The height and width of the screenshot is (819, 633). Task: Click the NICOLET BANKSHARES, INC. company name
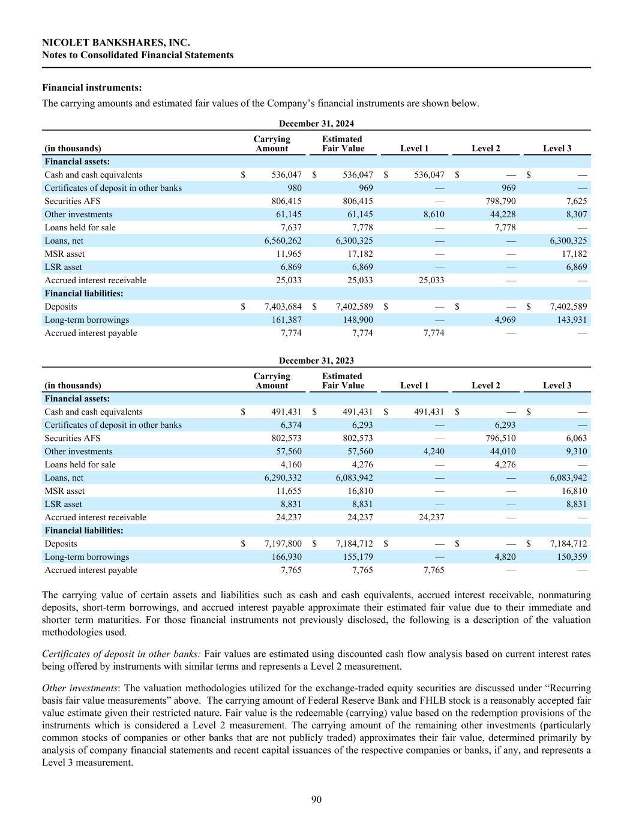coord(116,43)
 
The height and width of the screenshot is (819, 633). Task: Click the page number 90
coord(316,799)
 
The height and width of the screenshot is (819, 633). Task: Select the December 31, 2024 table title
coord(316,124)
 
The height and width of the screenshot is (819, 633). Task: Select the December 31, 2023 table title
coord(316,361)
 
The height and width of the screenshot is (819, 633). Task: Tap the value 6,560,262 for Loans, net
coord(283,241)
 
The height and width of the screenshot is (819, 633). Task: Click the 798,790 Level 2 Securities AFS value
coord(500,201)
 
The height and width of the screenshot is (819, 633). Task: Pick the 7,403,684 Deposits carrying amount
coord(283,307)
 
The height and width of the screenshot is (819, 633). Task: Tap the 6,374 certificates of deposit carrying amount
coord(290,425)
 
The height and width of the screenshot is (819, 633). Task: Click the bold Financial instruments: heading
coord(92,88)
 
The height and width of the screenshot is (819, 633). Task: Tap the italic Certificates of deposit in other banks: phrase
coord(121,653)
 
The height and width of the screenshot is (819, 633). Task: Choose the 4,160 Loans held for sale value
coord(290,464)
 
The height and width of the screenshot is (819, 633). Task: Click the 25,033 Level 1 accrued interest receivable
coord(430,280)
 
